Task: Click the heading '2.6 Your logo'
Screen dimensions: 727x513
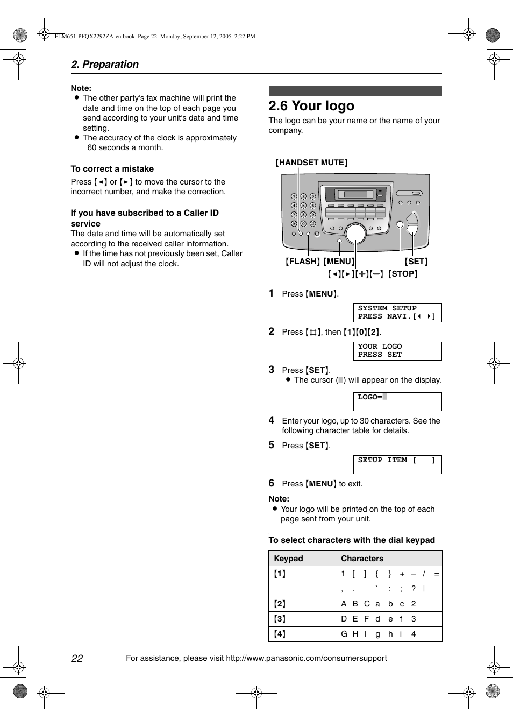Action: pyautogui.click(x=311, y=106)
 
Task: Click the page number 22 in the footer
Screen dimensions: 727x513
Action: pyautogui.click(x=77, y=659)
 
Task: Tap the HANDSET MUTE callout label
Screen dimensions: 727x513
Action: pyautogui.click(x=311, y=163)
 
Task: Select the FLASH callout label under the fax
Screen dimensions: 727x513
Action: pyautogui.click(x=303, y=262)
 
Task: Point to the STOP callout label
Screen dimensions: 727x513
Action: pyautogui.click(x=403, y=274)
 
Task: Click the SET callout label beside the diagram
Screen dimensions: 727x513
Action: pyautogui.click(x=416, y=262)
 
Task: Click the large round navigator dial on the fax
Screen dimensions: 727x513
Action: pyautogui.click(x=355, y=233)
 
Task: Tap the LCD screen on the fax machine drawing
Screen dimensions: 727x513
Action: pyautogui.click(x=354, y=194)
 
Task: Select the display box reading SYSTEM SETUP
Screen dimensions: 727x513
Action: pyautogui.click(x=397, y=313)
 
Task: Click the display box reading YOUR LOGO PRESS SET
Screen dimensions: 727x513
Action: pyautogui.click(x=397, y=351)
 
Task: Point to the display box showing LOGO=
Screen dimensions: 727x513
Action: pyautogui.click(x=397, y=401)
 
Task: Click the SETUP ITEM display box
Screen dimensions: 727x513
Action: pyautogui.click(x=397, y=464)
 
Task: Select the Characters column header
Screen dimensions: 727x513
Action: pyautogui.click(x=362, y=559)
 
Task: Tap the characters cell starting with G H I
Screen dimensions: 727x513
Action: pyautogui.click(x=379, y=634)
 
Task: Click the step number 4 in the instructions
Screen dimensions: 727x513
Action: pyautogui.click(x=272, y=420)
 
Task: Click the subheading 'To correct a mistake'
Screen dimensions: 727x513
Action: pyautogui.click(x=112, y=169)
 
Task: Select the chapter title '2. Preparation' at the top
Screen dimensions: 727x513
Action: pyautogui.click(x=105, y=65)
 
